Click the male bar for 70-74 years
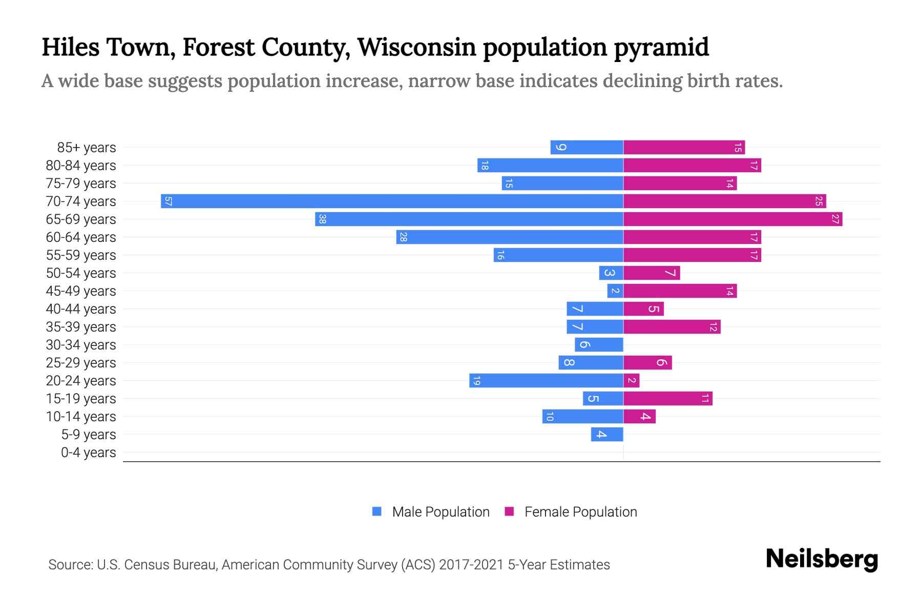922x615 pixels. [392, 201]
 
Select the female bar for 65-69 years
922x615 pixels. [732, 219]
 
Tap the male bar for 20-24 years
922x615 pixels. [546, 380]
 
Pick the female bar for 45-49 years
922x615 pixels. [680, 291]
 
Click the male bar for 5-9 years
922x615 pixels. [607, 434]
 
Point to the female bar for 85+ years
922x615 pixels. [684, 147]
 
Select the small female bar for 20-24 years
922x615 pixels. [631, 380]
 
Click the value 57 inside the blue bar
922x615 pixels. [169, 201]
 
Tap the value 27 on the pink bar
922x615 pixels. [835, 219]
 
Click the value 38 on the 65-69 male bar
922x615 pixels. [322, 219]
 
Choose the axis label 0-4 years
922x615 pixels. [88, 453]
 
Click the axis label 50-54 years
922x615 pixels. [81, 273]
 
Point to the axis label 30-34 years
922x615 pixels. [81, 345]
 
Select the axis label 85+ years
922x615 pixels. [87, 148]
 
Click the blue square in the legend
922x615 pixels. [377, 511]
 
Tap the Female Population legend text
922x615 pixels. [580, 512]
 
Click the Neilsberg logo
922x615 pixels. [821, 559]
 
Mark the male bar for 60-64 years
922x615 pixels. [510, 237]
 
